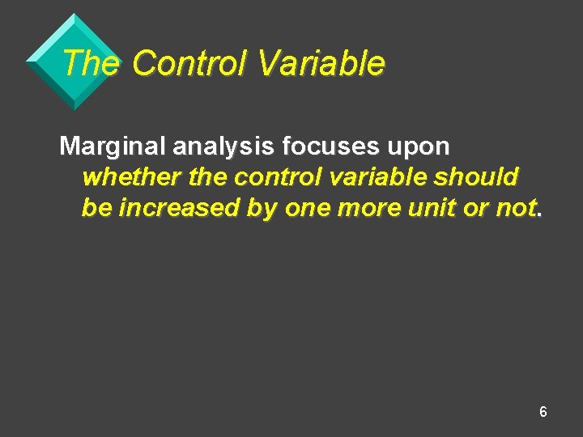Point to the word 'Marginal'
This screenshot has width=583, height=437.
point(112,146)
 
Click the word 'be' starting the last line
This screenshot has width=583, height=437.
point(96,207)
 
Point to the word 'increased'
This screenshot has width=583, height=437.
point(180,207)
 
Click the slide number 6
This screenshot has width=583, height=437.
point(543,412)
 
